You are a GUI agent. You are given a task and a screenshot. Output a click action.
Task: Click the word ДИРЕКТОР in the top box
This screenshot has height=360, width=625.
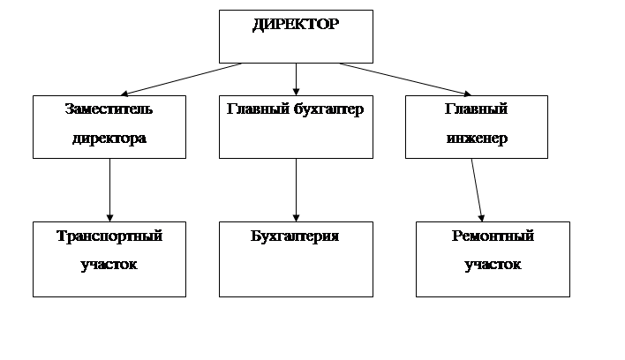pyautogui.click(x=295, y=25)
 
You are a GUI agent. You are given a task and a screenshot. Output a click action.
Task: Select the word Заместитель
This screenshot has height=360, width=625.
pyautogui.click(x=109, y=109)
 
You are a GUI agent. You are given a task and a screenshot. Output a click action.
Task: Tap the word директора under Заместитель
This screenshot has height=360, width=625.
pyautogui.click(x=109, y=139)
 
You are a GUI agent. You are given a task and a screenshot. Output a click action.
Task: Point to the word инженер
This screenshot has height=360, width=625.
pyautogui.click(x=476, y=139)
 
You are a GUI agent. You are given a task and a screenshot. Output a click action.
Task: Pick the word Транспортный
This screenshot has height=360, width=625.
pyautogui.click(x=109, y=236)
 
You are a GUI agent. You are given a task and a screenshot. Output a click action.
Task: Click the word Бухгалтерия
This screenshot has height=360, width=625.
pyautogui.click(x=295, y=236)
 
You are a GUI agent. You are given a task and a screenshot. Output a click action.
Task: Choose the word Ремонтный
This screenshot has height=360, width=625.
pyautogui.click(x=493, y=236)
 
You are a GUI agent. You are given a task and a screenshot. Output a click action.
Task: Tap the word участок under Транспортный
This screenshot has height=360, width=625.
pyautogui.click(x=109, y=265)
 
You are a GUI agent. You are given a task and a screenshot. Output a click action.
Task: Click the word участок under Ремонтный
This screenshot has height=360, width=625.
pyautogui.click(x=493, y=265)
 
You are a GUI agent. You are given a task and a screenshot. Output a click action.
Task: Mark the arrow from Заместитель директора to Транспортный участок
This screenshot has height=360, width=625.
pyautogui.click(x=109, y=189)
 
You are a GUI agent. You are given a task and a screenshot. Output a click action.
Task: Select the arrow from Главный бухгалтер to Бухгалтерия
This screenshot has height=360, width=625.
pyautogui.click(x=296, y=189)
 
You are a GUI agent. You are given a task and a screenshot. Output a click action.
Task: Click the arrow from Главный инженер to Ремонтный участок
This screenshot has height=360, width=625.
pyautogui.click(x=477, y=189)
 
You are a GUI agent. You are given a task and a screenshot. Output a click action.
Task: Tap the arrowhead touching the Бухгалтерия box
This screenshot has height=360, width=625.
pyautogui.click(x=296, y=216)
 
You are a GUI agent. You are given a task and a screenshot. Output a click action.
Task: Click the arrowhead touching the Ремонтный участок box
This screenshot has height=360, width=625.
pyautogui.click(x=482, y=216)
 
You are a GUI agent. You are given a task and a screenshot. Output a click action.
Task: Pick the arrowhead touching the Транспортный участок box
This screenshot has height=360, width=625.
pyautogui.click(x=109, y=216)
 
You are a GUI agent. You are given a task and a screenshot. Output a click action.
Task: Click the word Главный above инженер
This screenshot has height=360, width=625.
pyautogui.click(x=476, y=109)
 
